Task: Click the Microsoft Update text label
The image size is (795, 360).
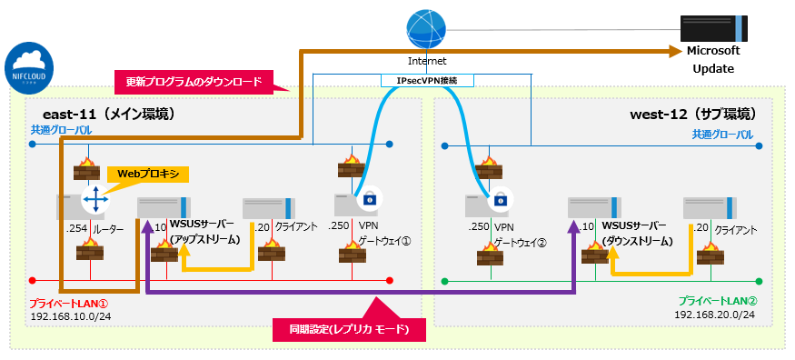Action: [713, 59]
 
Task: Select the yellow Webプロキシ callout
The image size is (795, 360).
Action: [148, 174]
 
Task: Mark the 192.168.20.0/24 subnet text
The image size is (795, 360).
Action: [714, 314]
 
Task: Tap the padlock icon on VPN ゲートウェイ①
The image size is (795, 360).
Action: [369, 199]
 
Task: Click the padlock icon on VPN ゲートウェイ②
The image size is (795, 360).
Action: [499, 199]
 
